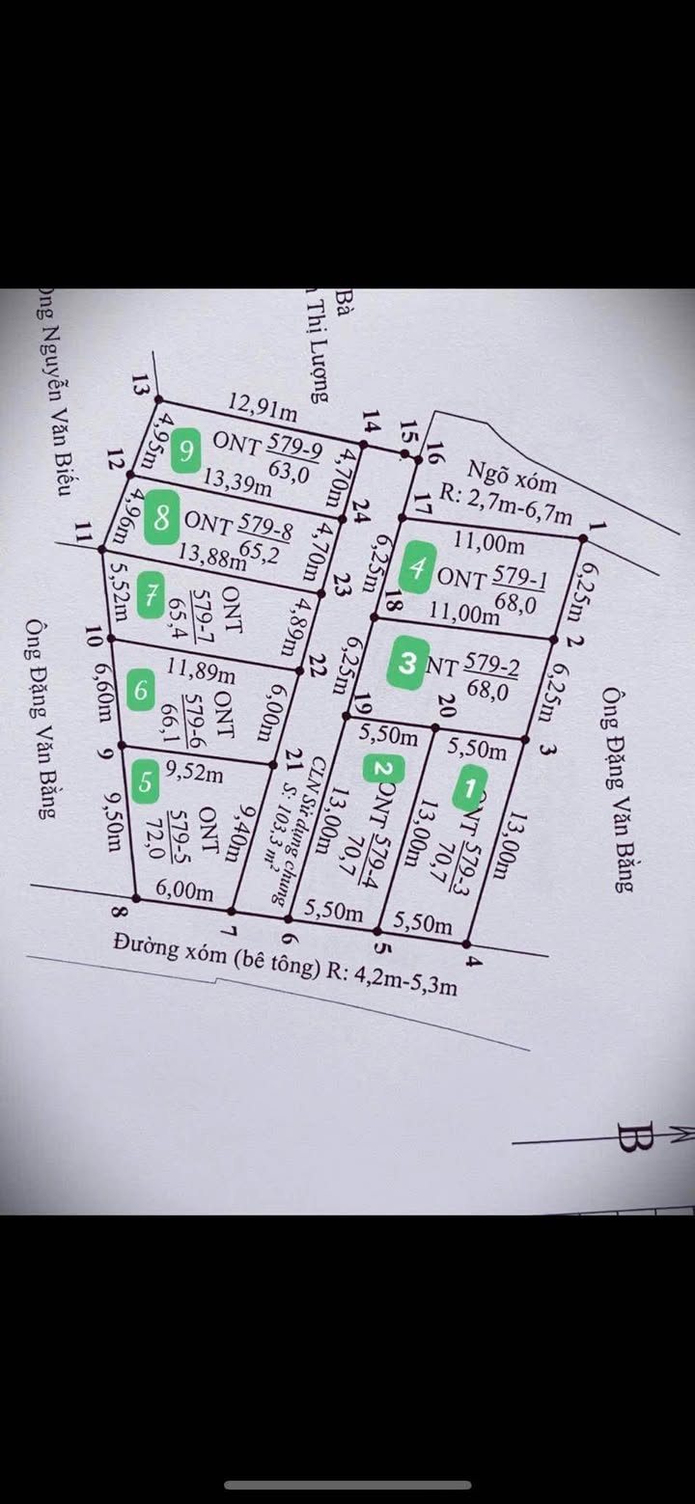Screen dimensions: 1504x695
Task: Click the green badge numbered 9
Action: (x=187, y=449)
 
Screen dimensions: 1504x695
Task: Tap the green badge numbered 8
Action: (x=160, y=520)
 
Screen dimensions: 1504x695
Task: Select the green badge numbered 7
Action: (x=150, y=594)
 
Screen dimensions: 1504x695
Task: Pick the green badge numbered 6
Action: (x=142, y=690)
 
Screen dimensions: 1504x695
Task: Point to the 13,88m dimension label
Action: (x=211, y=555)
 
